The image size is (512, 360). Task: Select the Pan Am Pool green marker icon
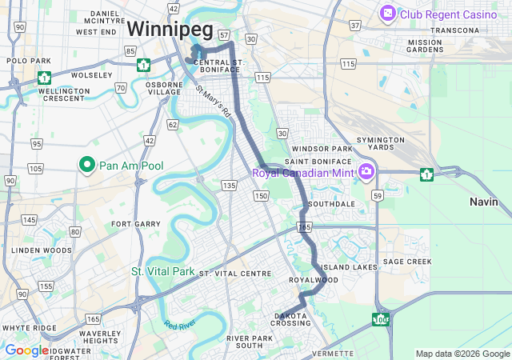pyautogui.click(x=86, y=165)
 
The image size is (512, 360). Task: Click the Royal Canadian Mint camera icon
pyautogui.click(x=366, y=171)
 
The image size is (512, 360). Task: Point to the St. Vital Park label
pyautogui.click(x=163, y=272)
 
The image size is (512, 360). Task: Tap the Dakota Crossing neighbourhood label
pyautogui.click(x=290, y=318)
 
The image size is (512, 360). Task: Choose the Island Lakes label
pyautogui.click(x=348, y=267)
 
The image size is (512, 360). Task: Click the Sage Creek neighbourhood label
pyautogui.click(x=407, y=262)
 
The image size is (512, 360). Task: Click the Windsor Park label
pyautogui.click(x=322, y=149)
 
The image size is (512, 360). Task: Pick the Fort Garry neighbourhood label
pyautogui.click(x=131, y=224)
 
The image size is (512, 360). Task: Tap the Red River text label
pyautogui.click(x=180, y=325)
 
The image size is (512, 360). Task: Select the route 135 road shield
pyautogui.click(x=230, y=186)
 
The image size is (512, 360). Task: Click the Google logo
pyautogui.click(x=26, y=350)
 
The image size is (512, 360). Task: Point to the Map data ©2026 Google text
pyautogui.click(x=462, y=354)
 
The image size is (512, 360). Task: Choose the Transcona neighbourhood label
pyautogui.click(x=454, y=30)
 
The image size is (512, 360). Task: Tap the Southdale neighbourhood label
pyautogui.click(x=331, y=204)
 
